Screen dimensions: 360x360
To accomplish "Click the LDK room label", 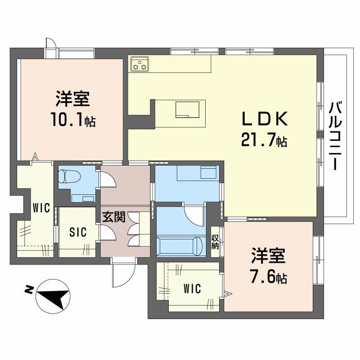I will tap(264, 119).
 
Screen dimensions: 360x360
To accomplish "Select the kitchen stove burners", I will tap(139, 64).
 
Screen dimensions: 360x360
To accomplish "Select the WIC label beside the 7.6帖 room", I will tap(192, 287).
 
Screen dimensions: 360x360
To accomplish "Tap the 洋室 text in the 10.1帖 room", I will tap(72, 99).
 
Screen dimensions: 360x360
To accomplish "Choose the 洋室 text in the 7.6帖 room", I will tap(268, 256).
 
